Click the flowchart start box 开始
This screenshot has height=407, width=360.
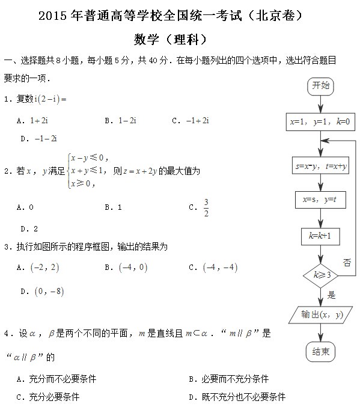coord(320,86)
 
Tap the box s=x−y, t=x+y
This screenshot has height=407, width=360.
coord(321,167)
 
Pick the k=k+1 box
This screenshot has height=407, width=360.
coord(320,236)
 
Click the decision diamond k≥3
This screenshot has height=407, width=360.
coord(321,275)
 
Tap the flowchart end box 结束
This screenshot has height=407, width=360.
coord(320,352)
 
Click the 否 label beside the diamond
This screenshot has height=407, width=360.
coord(347,262)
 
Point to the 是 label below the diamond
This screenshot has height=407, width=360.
coord(331,295)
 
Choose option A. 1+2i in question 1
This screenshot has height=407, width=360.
coord(32,120)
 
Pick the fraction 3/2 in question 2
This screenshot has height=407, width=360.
coord(206,207)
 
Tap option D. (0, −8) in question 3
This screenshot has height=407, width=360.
coord(41,292)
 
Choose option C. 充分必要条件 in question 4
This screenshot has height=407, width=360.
coord(47,397)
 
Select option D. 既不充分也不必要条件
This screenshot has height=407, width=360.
coord(237,397)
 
